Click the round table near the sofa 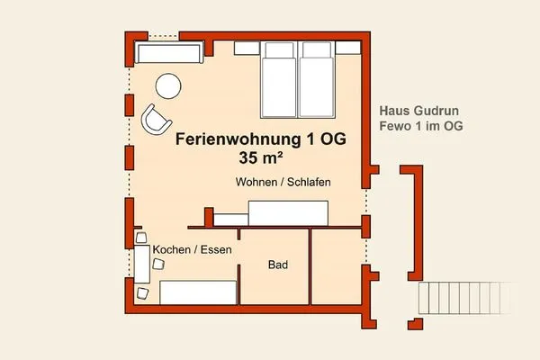click(168, 85)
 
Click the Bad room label click(277, 266)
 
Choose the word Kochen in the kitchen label click(172, 249)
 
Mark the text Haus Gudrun click(422, 108)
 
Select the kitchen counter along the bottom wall click(198, 293)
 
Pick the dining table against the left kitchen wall click(142, 264)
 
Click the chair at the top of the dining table click(141, 236)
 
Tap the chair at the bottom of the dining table click(142, 292)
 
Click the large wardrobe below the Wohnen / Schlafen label click(287, 213)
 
